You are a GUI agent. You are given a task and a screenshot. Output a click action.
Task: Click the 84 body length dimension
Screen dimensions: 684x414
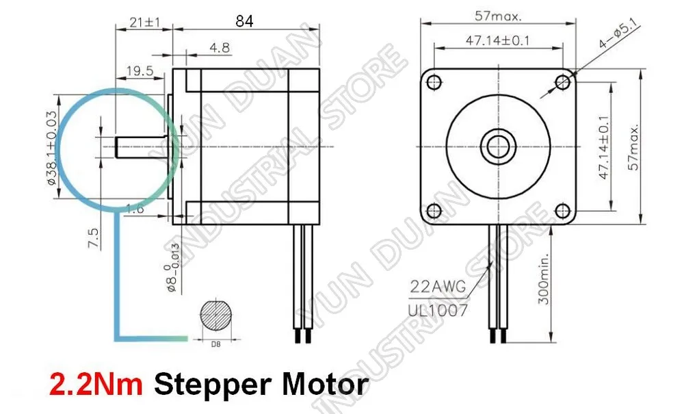pos(244,21)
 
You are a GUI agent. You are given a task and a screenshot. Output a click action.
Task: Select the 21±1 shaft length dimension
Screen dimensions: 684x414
pos(145,22)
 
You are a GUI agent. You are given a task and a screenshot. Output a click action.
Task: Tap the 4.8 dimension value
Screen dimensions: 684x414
pos(220,47)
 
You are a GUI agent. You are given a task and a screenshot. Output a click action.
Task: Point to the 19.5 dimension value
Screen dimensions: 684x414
pos(140,70)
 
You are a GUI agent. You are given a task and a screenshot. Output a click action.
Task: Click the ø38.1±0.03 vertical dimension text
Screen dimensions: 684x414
pos(51,147)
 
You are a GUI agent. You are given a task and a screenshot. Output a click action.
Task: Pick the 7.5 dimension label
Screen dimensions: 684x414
pos(93,238)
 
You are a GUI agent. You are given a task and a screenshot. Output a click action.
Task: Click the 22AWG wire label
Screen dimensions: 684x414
pos(438,287)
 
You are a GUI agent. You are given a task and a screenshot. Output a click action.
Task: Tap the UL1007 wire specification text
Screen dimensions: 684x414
pos(438,310)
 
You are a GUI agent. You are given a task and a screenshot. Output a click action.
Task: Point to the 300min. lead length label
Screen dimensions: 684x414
pos(544,279)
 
